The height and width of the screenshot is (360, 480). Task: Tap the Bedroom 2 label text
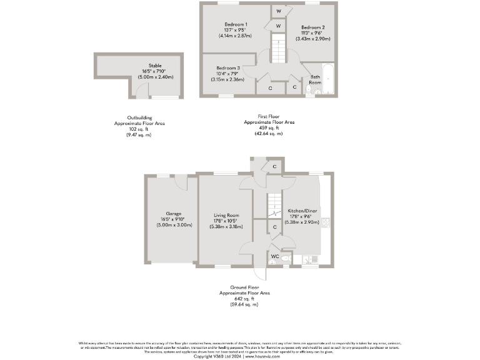(313, 27)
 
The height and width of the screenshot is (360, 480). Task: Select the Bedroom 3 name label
(228, 67)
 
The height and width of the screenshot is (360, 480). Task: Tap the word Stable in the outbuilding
(155, 65)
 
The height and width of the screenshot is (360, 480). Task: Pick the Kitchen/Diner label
(301, 211)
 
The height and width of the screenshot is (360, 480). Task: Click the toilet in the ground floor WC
(285, 257)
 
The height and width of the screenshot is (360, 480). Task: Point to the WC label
(274, 256)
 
